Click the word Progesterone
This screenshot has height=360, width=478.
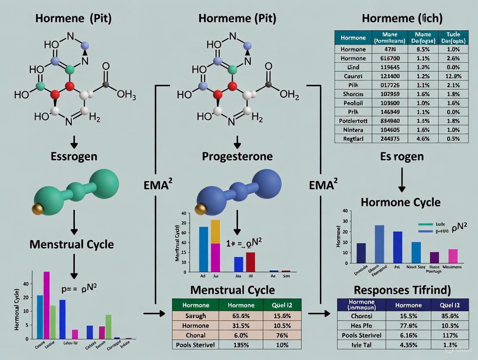coord(237,156)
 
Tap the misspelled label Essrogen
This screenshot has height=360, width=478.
coord(74,156)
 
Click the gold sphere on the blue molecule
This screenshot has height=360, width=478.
coord(200,209)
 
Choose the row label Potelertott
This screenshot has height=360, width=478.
coord(353,121)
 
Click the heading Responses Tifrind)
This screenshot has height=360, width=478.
coord(402,290)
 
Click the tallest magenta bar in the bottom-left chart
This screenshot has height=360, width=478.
coord(47,305)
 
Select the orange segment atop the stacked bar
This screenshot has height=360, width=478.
coord(215,231)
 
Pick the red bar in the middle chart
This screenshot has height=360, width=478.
coord(250,262)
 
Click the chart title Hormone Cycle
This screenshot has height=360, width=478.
coord(400,202)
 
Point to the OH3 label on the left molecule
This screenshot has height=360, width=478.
coord(126,95)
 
